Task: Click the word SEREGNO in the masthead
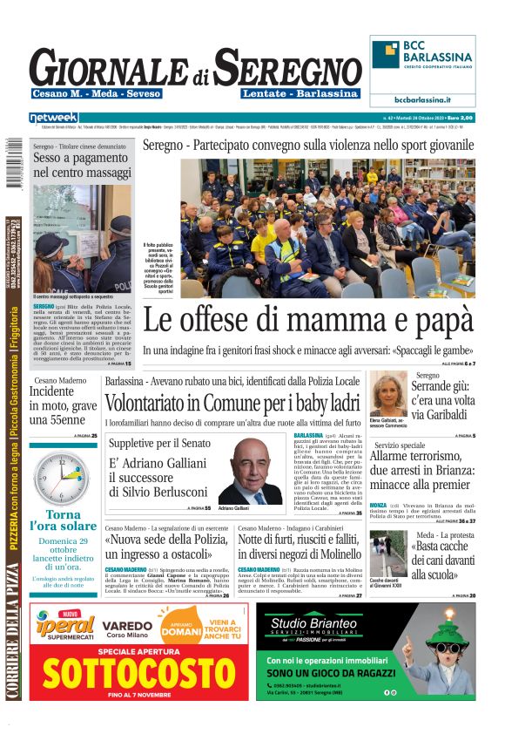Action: [287, 68]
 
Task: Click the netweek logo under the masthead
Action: [54, 117]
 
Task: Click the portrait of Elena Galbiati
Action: [387, 394]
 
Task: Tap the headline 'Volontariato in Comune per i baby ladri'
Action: [232, 404]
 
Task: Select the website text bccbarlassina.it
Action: [422, 99]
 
